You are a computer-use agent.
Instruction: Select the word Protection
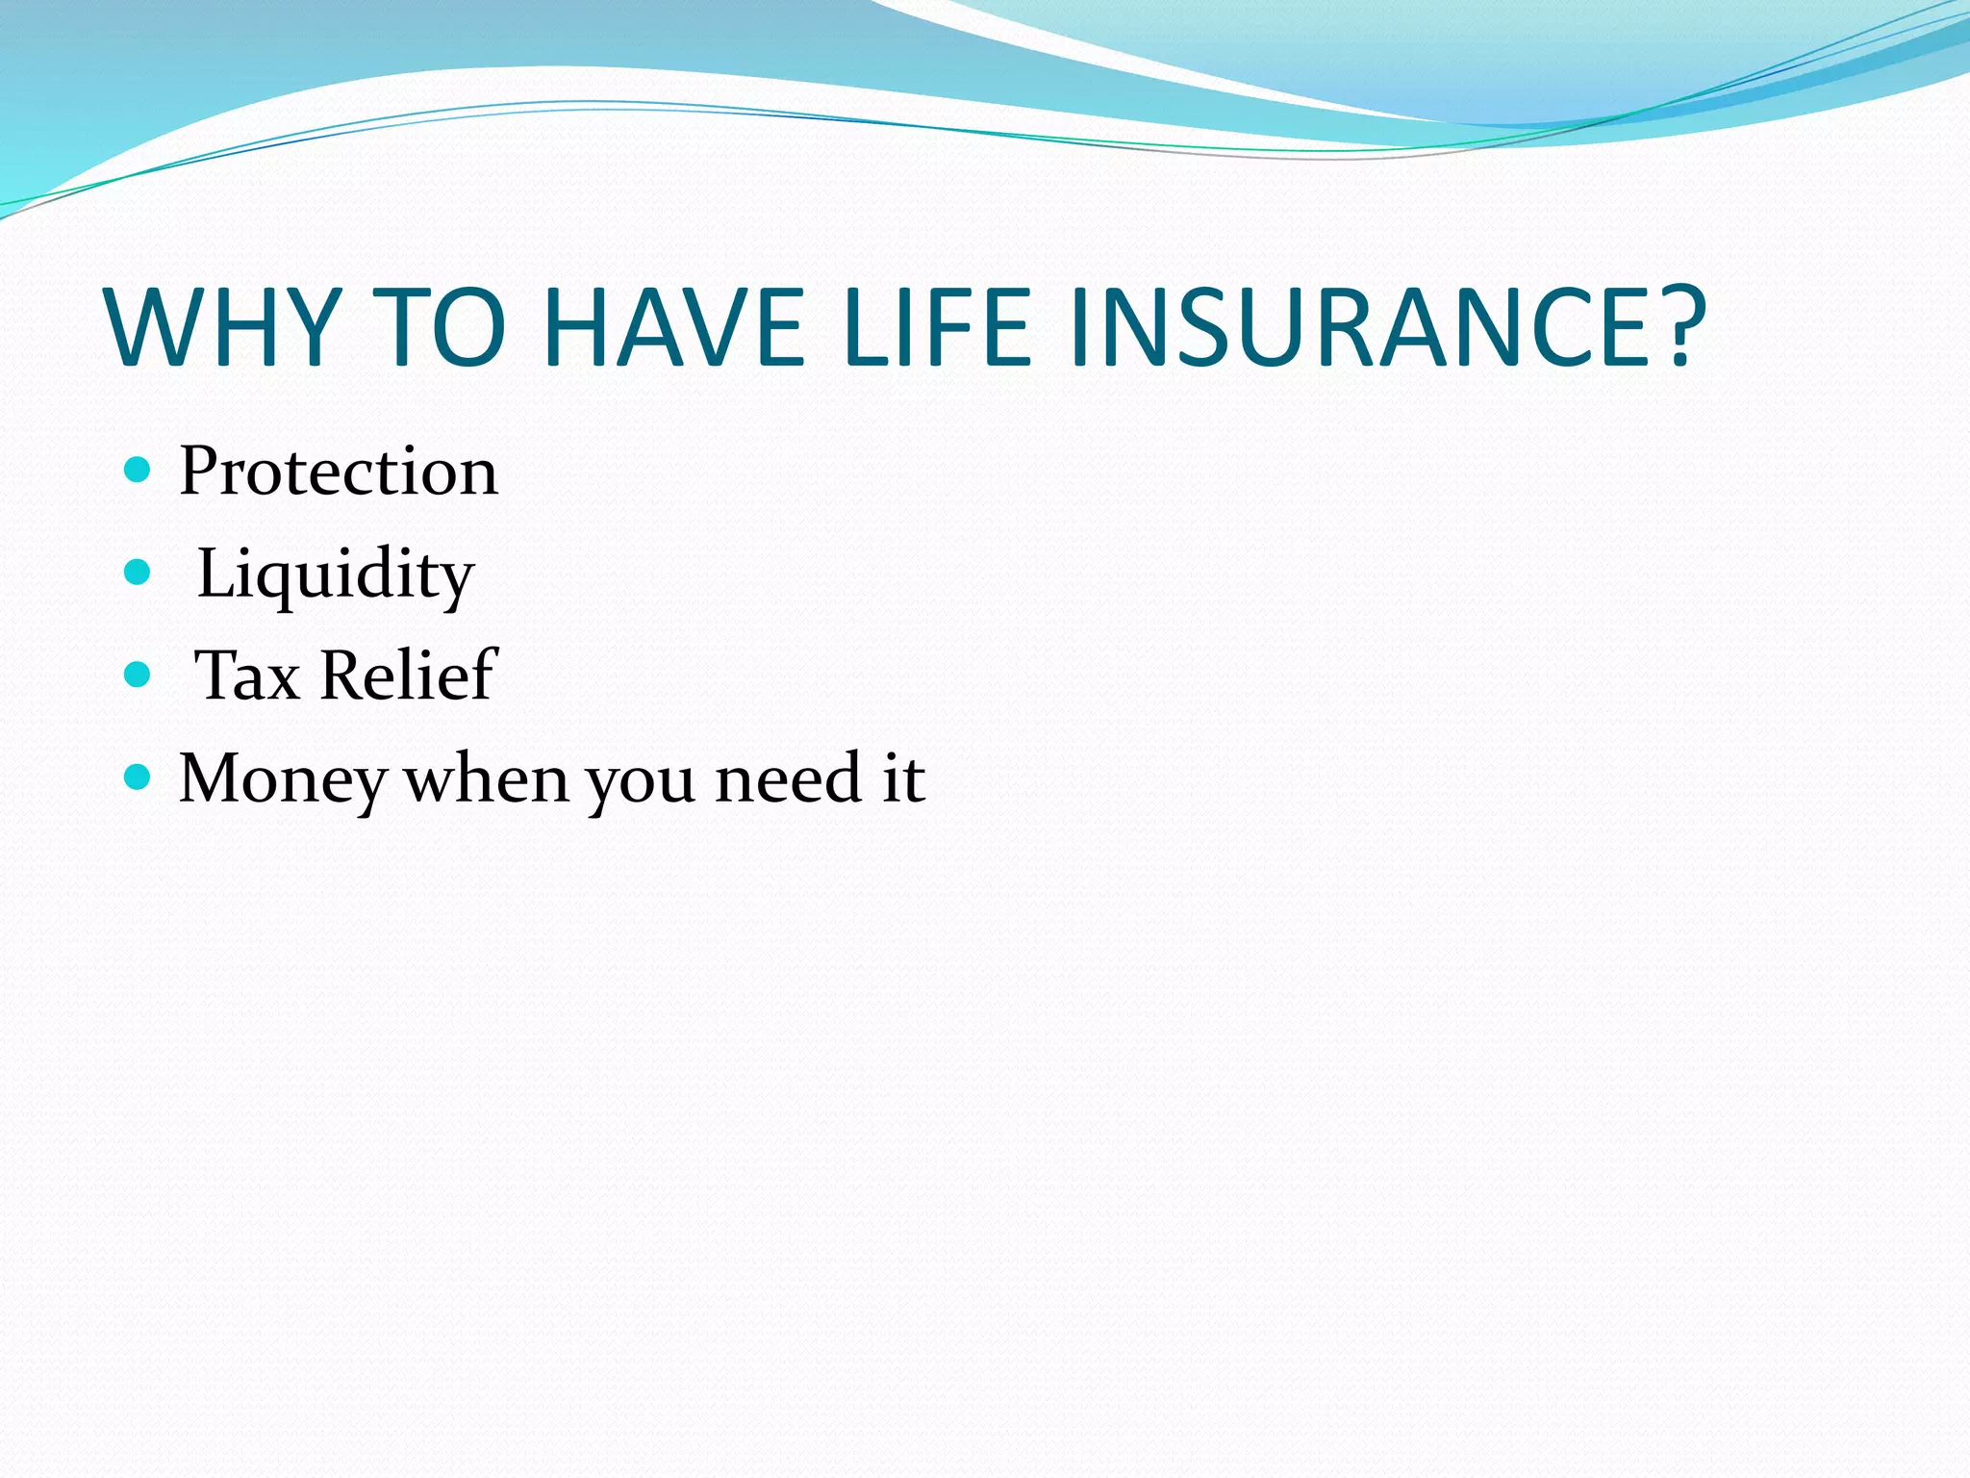[x=339, y=471]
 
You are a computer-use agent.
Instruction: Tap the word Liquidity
[x=335, y=575]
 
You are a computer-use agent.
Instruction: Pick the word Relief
[x=408, y=675]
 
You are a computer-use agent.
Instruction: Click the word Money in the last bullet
[x=283, y=779]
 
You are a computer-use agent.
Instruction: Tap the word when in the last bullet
[x=487, y=779]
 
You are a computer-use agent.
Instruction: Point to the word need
[x=788, y=779]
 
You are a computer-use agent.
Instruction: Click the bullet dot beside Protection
[x=139, y=471]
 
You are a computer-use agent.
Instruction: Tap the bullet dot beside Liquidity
[x=139, y=573]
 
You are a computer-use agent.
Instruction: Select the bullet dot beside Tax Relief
[x=139, y=675]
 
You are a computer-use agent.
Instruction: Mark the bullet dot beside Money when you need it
[x=139, y=777]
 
